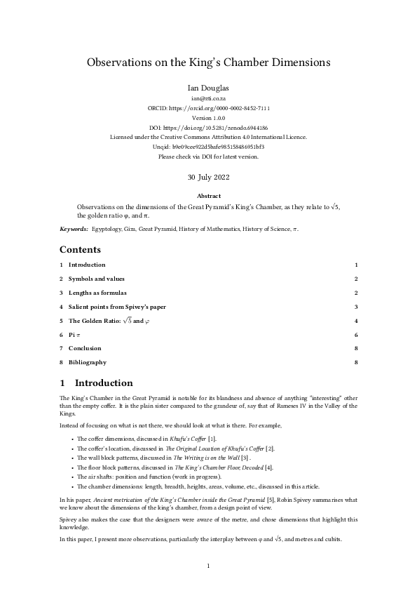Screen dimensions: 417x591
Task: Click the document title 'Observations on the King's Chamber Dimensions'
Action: point(208,62)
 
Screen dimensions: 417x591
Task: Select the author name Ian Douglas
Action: point(208,88)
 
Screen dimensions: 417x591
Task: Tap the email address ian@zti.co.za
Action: point(208,100)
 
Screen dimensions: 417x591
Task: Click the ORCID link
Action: point(208,109)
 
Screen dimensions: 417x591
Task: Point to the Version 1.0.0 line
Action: point(208,119)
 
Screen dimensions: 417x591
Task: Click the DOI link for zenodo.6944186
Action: point(208,128)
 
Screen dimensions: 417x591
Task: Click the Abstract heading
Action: point(208,196)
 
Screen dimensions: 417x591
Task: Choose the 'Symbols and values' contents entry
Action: point(96,279)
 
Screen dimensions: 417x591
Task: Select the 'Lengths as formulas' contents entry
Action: point(97,293)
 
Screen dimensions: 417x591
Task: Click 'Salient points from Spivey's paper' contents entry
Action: point(117,307)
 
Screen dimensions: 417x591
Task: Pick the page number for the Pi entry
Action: point(356,335)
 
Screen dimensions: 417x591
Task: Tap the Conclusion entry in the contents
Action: point(84,348)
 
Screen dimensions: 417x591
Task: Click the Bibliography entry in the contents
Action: point(88,362)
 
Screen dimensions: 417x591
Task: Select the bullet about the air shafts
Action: point(139,475)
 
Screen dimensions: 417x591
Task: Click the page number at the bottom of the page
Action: point(208,565)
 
